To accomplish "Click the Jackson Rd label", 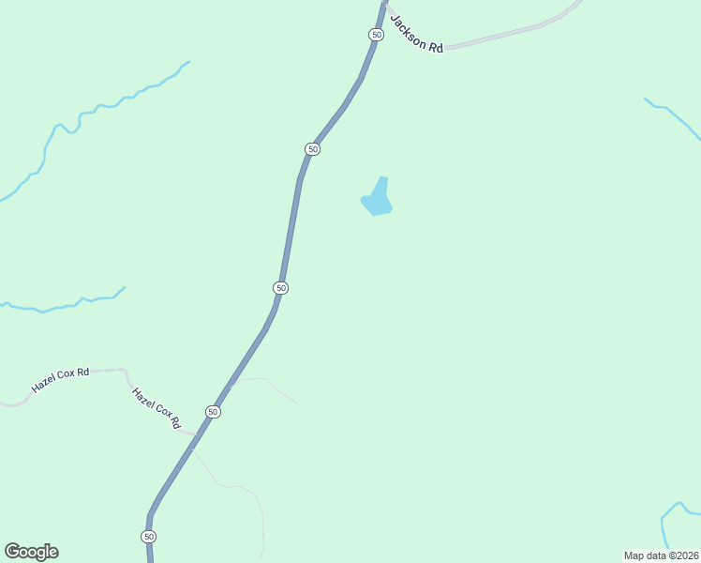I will [x=416, y=33].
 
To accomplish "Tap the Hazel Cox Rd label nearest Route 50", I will [x=156, y=409].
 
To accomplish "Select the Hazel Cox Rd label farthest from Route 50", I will [x=60, y=379].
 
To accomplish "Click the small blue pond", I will [x=377, y=199].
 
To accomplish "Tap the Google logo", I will [x=31, y=552].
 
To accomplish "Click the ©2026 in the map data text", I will [x=681, y=555].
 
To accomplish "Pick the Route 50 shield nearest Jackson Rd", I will [x=376, y=34].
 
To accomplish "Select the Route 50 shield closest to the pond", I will [x=313, y=149].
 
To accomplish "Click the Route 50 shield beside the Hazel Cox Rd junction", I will [x=214, y=412].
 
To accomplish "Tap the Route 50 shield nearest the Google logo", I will [x=149, y=537].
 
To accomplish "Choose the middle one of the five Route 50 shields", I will [x=281, y=287].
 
